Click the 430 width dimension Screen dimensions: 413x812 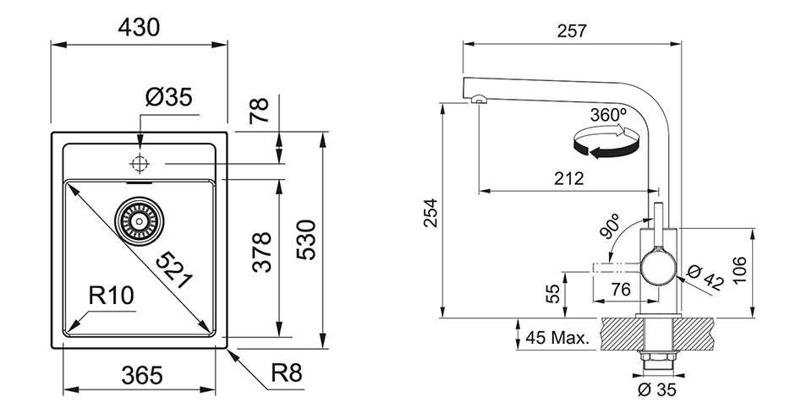tap(139, 28)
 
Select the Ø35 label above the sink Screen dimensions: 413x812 tap(168, 99)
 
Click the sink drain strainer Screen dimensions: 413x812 tap(140, 219)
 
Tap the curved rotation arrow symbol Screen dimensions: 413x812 tap(604, 144)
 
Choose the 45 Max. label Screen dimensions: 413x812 tap(557, 339)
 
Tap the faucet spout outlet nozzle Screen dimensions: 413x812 tap(478, 100)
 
